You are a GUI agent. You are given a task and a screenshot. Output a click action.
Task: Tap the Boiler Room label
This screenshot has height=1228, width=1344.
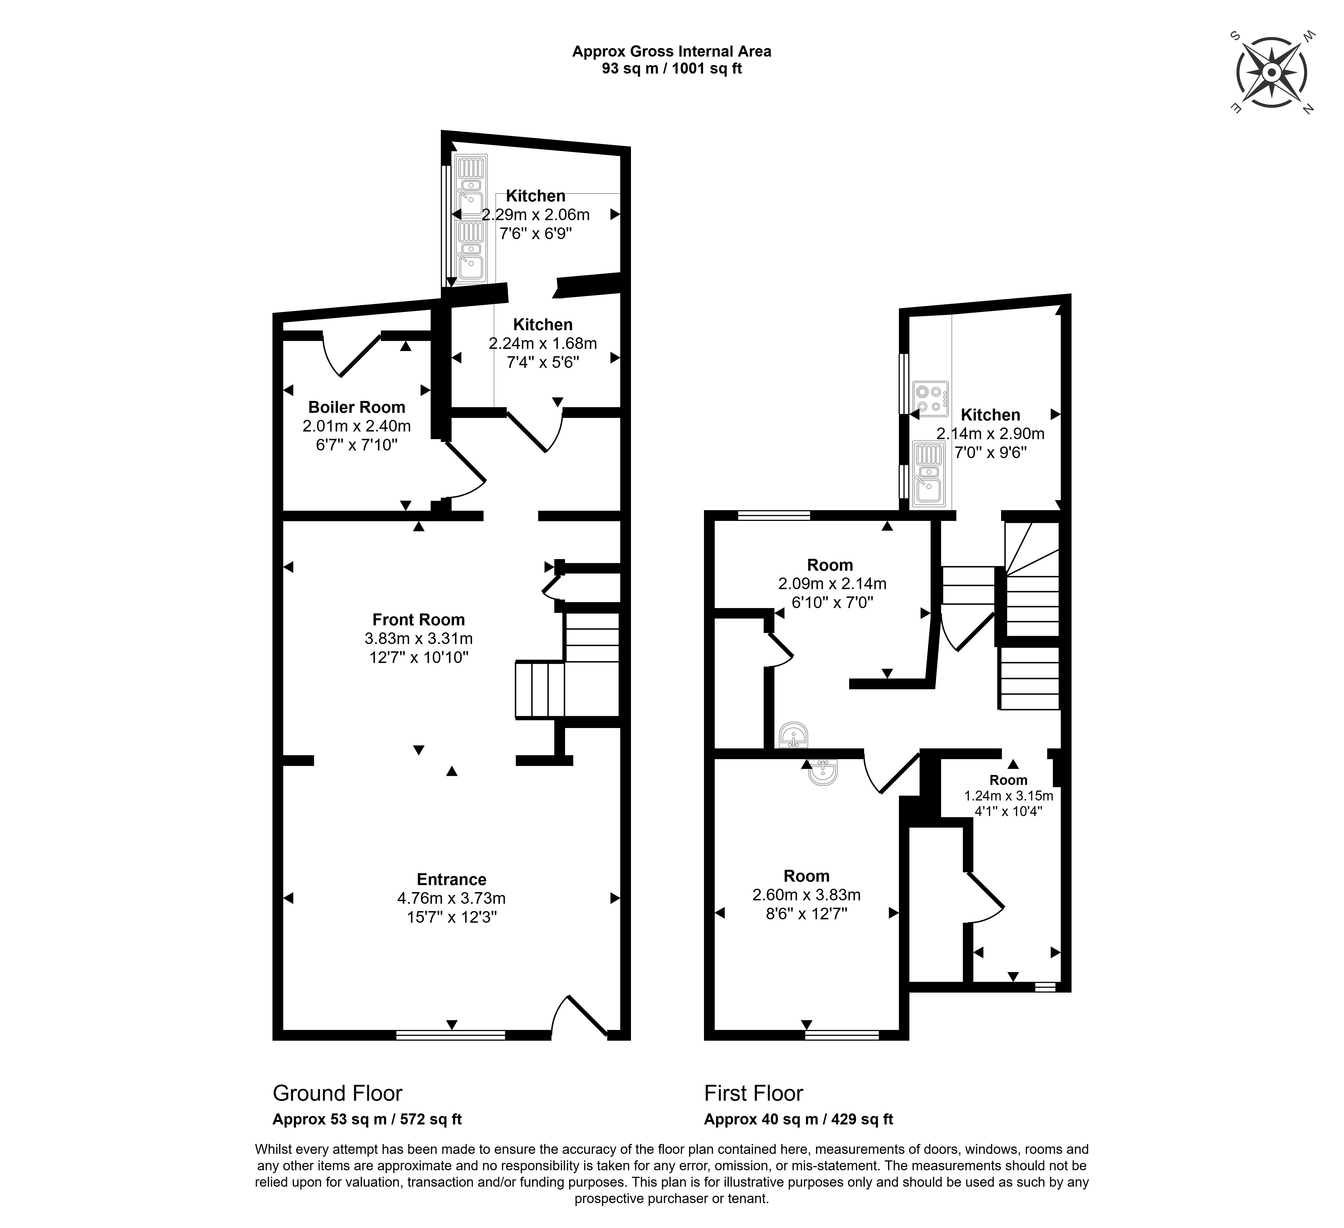[357, 407]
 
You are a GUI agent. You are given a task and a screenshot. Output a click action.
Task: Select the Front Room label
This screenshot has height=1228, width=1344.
[419, 619]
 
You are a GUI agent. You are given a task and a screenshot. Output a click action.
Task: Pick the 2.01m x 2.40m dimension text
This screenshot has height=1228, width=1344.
[357, 425]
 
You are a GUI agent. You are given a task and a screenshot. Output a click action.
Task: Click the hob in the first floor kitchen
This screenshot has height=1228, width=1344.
[931, 399]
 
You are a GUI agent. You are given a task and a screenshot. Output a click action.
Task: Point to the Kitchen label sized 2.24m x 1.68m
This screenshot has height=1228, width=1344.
[543, 325]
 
